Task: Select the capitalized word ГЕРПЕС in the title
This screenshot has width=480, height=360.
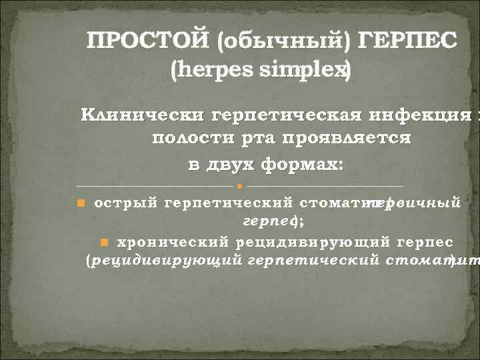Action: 408,42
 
